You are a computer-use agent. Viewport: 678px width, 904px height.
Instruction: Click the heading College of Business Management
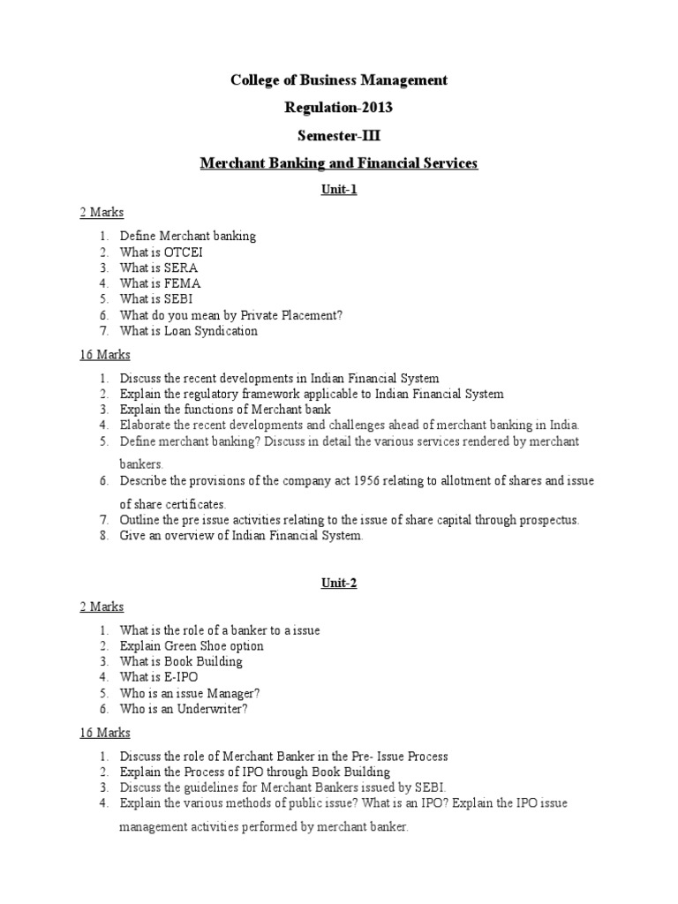coord(339,80)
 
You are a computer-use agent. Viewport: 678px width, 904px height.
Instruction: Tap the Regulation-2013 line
coord(339,108)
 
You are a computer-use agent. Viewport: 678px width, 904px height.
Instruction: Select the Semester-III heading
coord(339,135)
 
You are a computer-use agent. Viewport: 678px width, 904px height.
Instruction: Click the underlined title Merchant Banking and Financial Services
coord(339,163)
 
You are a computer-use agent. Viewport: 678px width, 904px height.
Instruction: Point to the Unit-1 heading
coord(339,189)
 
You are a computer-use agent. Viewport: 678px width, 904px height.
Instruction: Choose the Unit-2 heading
coord(339,583)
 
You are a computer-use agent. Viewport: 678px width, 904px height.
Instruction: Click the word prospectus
coord(546,520)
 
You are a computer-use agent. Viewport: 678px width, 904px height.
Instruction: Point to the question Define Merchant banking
coord(188,236)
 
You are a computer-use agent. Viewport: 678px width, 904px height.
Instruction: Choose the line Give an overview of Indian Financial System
coord(241,536)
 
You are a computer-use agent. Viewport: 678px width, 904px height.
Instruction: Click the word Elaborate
coord(146,425)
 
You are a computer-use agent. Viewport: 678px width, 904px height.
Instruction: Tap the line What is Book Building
coord(181,661)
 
